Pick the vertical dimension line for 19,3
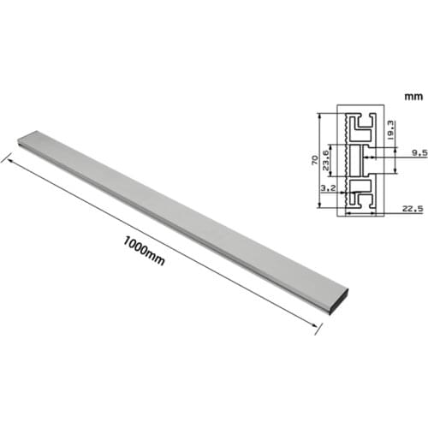tap(383, 128)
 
